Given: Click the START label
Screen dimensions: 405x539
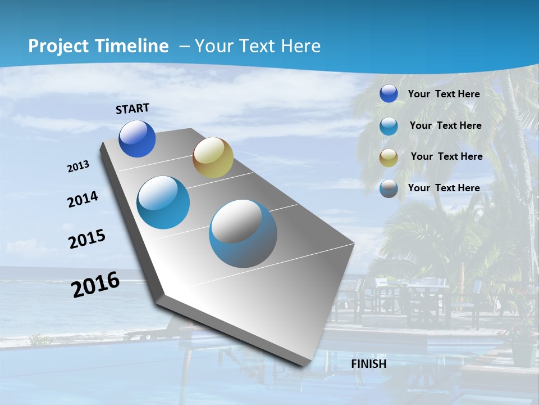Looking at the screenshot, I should pyautogui.click(x=133, y=109).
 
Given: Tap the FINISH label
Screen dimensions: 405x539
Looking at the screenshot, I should pyautogui.click(x=368, y=363).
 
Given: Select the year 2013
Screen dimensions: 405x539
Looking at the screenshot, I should pyautogui.click(x=79, y=166).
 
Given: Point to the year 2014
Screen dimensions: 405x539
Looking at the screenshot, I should pyautogui.click(x=83, y=199).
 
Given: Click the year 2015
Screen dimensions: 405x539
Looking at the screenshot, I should pyautogui.click(x=87, y=238).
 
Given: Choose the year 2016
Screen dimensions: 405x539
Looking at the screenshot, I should pyautogui.click(x=95, y=285).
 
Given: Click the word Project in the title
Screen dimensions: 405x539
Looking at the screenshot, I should pyautogui.click(x=57, y=46).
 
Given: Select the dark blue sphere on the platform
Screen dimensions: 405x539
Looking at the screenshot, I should pyautogui.click(x=137, y=139).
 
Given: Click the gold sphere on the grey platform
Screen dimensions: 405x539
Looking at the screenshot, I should pyautogui.click(x=213, y=157).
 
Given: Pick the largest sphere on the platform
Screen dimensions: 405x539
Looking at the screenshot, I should pyautogui.click(x=243, y=233).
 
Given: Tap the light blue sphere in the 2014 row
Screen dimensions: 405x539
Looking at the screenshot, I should pyautogui.click(x=163, y=202).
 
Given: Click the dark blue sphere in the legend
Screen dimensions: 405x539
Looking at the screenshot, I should pyautogui.click(x=389, y=94).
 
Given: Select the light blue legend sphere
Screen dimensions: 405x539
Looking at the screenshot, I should pyautogui.click(x=389, y=126).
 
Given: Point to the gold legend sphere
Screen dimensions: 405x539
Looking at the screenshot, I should pyautogui.click(x=389, y=157).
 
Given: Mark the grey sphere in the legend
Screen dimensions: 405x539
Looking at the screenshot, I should pyautogui.click(x=389, y=188).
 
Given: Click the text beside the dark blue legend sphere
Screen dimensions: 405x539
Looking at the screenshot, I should pyautogui.click(x=444, y=94).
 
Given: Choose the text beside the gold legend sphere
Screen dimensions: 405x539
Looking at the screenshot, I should pyautogui.click(x=446, y=156).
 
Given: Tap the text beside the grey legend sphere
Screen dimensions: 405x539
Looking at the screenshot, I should pyautogui.click(x=444, y=188).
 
